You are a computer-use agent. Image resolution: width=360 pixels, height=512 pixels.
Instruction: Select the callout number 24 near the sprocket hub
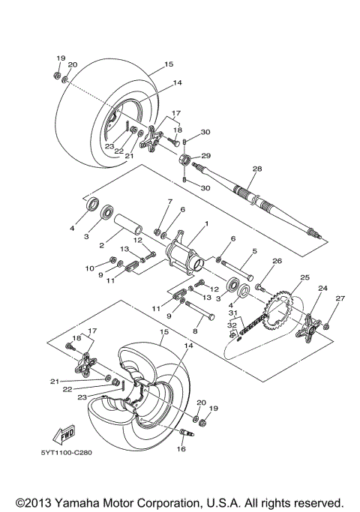coord(323,288)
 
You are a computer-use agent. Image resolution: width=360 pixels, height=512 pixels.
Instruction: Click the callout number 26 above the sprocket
coord(277,262)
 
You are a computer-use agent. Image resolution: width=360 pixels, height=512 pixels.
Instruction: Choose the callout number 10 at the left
coord(89,268)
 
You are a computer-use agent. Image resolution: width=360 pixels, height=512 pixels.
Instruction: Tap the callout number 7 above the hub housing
coord(169,202)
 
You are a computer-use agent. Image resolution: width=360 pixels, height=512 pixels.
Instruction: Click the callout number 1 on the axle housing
coord(206,223)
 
